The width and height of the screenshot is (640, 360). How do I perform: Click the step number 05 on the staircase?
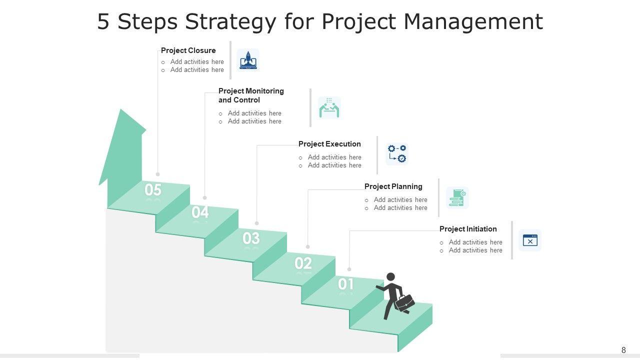tap(153, 190)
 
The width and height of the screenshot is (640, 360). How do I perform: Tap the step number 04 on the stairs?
tap(200, 212)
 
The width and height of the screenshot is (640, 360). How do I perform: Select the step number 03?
tap(251, 238)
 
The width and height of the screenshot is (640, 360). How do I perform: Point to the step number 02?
tap(303, 263)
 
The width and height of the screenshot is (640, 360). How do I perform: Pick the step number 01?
tap(346, 284)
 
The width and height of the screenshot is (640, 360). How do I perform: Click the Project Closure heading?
tap(188, 50)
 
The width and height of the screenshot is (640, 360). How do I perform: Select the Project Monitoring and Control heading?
tap(251, 95)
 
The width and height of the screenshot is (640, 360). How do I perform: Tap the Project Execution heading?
tap(329, 144)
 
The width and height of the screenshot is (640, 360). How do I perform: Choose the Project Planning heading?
tap(393, 186)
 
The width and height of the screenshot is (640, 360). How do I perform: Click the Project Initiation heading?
tap(468, 229)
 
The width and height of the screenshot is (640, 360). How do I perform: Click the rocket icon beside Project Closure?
tap(248, 60)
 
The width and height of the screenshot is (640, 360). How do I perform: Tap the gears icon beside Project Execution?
tap(397, 154)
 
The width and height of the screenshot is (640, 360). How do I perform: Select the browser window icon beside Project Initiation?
tap(530, 240)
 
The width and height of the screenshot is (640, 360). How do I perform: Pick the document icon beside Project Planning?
tap(457, 197)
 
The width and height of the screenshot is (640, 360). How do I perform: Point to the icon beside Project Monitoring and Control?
tap(329, 107)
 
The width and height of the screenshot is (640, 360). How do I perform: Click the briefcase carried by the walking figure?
tap(404, 302)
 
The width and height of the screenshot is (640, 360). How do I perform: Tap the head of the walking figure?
tap(391, 276)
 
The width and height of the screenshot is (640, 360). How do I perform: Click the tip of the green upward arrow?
tap(120, 110)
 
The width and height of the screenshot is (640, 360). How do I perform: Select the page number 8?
tap(623, 350)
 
